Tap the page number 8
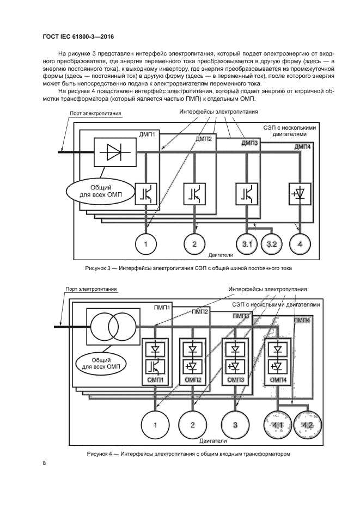44,463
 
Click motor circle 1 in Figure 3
145,244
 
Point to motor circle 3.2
272,244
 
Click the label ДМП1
148,134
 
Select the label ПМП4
302,321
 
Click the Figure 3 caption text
188,268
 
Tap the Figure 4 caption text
188,453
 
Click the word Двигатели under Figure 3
221,254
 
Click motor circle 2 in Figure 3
194,244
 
